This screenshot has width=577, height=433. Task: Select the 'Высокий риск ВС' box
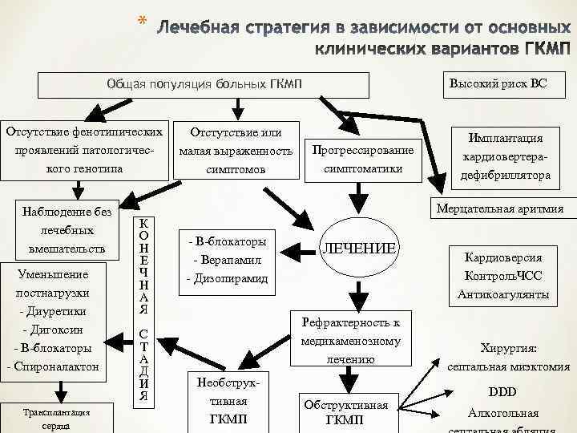[498, 83]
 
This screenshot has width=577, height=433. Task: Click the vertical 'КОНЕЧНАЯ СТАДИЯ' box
[143, 309]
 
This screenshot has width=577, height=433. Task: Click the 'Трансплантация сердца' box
[57, 419]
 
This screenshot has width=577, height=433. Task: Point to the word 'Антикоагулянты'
[503, 295]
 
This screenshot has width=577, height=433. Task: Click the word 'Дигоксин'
[56, 330]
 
